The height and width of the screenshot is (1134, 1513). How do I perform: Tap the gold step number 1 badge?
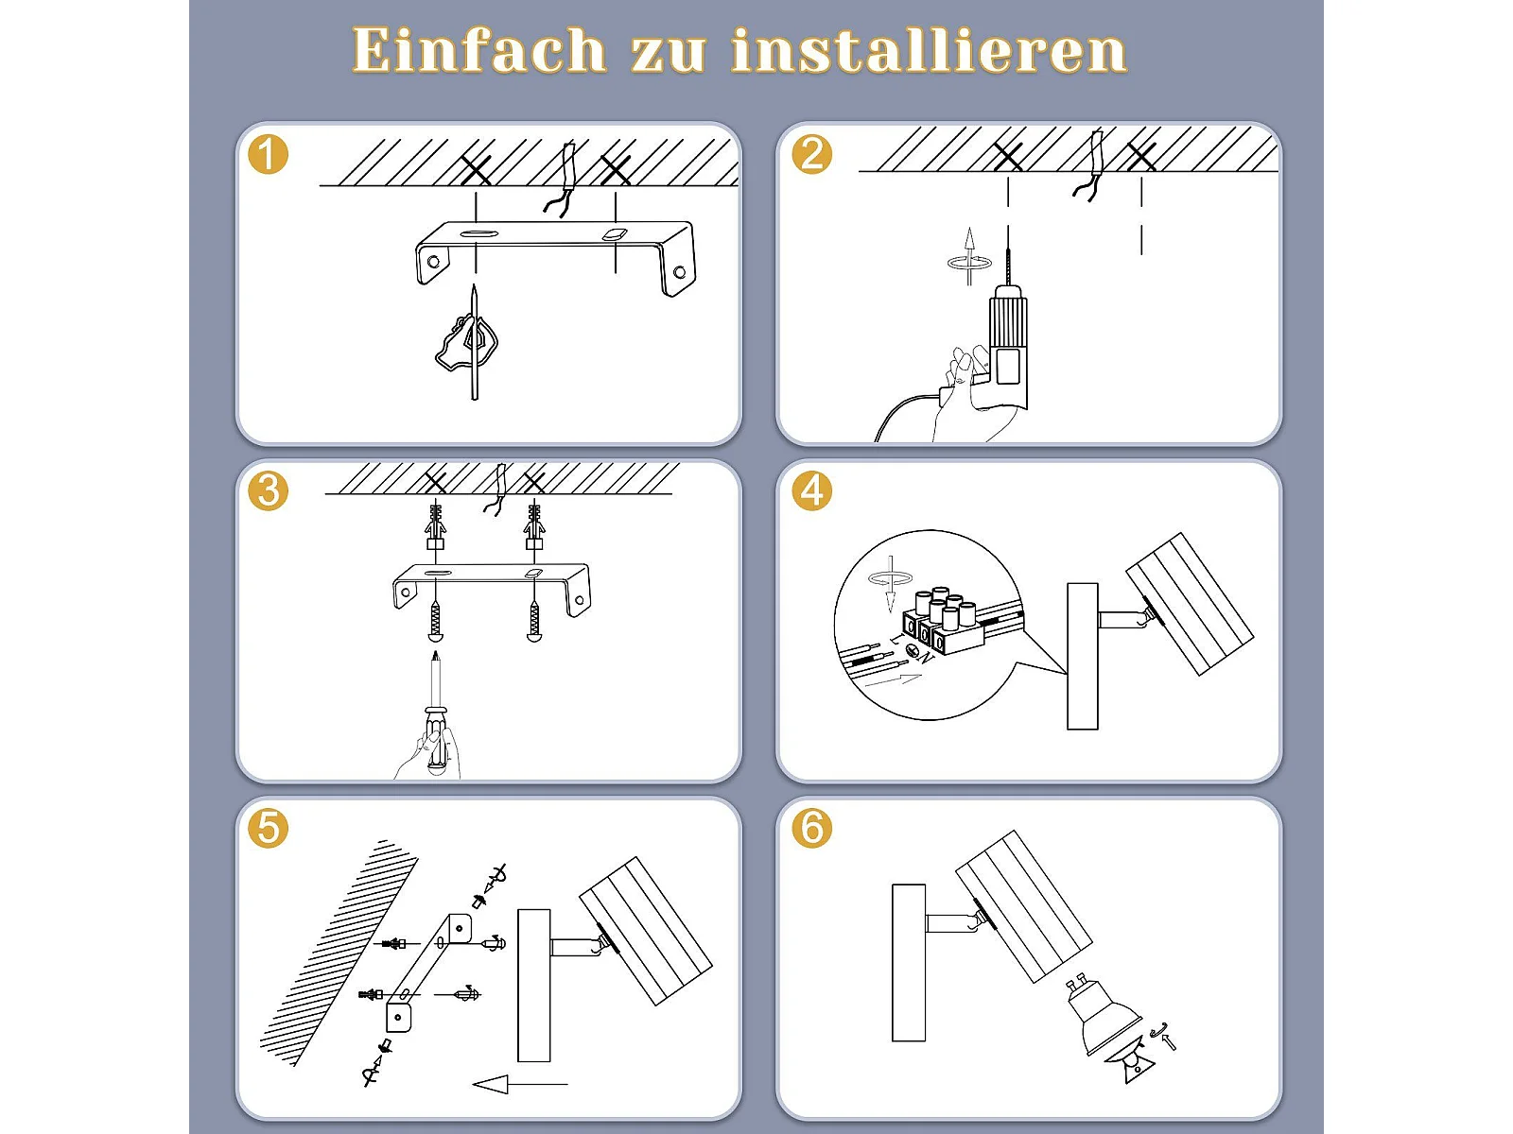pyautogui.click(x=269, y=154)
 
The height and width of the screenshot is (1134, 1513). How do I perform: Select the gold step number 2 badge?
pyautogui.click(x=812, y=154)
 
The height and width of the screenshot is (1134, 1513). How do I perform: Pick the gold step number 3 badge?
pyautogui.click(x=269, y=491)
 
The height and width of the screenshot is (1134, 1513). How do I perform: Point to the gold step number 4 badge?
pyautogui.click(x=812, y=491)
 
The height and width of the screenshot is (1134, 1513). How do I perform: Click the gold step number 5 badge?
pyautogui.click(x=269, y=829)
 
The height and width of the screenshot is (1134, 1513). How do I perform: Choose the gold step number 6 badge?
pyautogui.click(x=812, y=829)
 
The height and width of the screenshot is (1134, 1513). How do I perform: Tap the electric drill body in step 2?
pyautogui.click(x=1008, y=341)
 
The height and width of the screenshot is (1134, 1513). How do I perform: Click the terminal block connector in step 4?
pyautogui.click(x=942, y=622)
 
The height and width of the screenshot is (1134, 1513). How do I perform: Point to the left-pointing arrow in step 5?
pyautogui.click(x=520, y=1085)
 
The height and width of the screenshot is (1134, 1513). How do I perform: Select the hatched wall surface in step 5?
pyautogui.click(x=338, y=954)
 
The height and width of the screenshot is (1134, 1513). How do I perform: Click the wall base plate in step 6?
pyautogui.click(x=909, y=963)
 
